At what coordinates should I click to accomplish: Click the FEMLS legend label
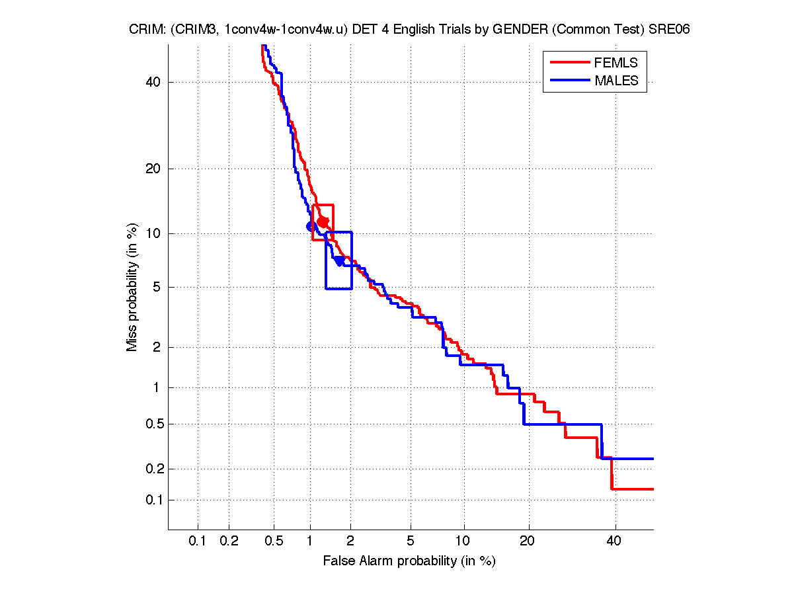(616, 63)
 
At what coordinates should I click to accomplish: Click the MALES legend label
(616, 81)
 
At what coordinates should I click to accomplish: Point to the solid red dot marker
(323, 221)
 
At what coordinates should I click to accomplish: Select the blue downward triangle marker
(339, 261)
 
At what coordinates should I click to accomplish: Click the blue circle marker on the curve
(311, 226)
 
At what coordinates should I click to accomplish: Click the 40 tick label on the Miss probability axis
(153, 82)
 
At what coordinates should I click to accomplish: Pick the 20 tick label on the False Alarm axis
(527, 541)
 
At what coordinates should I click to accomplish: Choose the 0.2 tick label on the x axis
(229, 541)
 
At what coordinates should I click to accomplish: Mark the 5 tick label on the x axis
(411, 541)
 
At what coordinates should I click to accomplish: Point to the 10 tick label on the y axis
(153, 233)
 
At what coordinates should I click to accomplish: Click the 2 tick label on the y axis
(157, 347)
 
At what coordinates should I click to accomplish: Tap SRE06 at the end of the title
(672, 30)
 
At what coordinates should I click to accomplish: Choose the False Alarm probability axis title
(409, 561)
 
